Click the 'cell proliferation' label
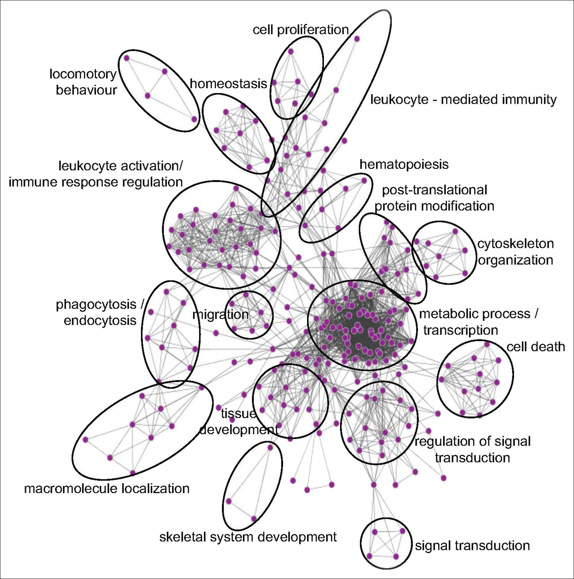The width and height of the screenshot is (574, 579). [301, 30]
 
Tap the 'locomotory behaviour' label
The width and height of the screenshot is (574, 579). [83, 82]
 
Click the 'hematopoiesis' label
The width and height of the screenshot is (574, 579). [404, 164]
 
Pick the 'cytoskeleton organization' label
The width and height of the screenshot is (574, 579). [515, 252]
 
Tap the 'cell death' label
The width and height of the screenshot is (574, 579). [536, 347]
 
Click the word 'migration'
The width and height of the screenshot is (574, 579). [221, 314]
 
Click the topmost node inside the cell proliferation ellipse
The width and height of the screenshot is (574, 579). [290, 52]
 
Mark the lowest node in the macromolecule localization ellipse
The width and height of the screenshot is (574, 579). [133, 473]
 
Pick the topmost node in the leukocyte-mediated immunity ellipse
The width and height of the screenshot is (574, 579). [357, 39]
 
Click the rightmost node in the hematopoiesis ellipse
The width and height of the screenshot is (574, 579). [364, 181]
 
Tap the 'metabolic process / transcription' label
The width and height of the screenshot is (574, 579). [478, 322]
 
